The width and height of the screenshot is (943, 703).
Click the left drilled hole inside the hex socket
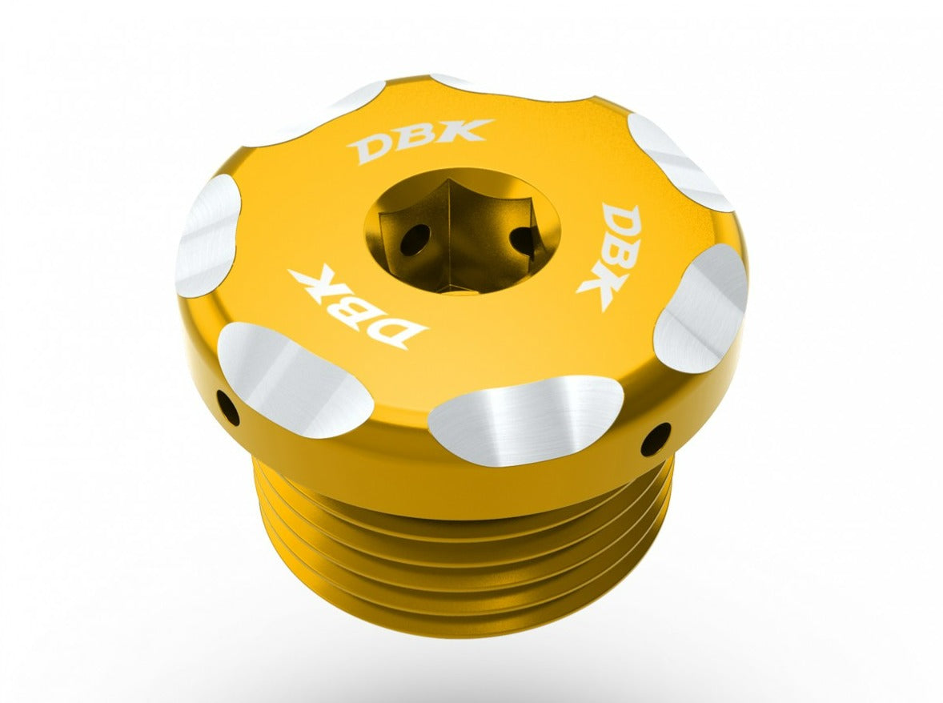coord(415,239)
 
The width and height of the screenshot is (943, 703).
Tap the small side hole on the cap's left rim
coord(228,409)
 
